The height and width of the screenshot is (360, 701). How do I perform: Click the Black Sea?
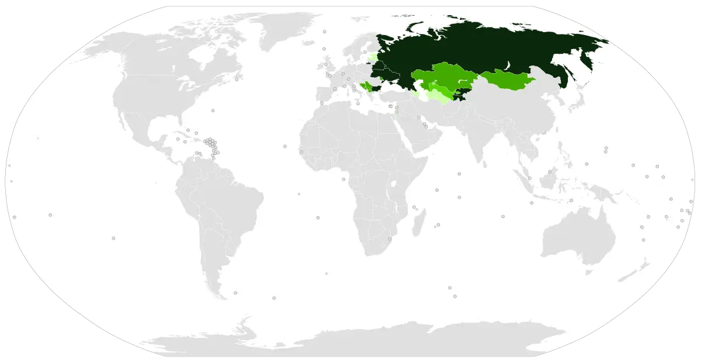(x=391, y=88)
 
